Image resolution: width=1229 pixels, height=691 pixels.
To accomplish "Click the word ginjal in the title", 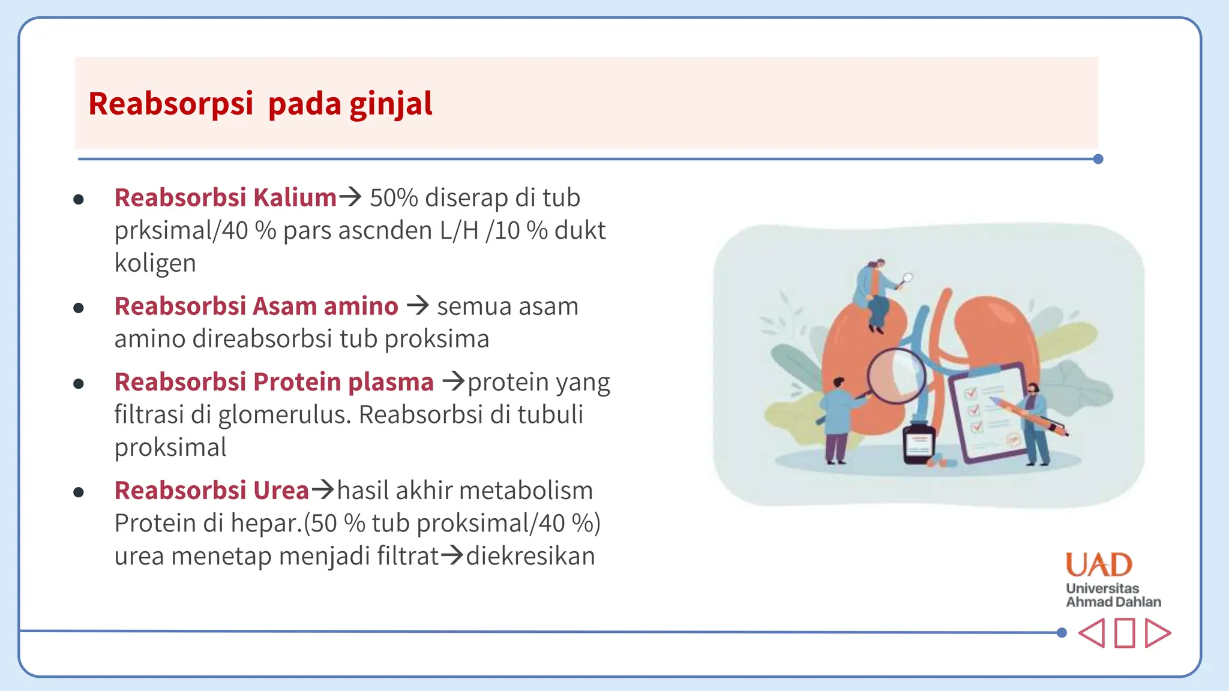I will [x=391, y=104].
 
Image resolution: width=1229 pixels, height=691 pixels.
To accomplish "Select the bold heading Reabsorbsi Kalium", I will [x=226, y=198].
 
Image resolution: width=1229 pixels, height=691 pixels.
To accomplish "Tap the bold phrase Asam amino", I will [x=325, y=307].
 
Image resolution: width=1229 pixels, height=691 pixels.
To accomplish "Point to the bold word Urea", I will [x=281, y=491].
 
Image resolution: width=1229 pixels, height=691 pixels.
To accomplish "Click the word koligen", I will [x=155, y=264].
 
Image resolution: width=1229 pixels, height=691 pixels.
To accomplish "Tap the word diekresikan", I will [x=530, y=556].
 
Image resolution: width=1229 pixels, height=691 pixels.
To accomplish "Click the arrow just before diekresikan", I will [x=452, y=555].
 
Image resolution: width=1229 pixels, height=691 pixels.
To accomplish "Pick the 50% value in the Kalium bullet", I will [x=394, y=198].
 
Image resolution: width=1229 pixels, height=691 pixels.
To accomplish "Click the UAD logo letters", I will [x=1099, y=565].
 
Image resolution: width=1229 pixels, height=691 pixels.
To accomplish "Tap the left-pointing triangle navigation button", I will [x=1092, y=633].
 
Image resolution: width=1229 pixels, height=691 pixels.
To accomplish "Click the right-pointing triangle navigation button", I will [x=1158, y=633].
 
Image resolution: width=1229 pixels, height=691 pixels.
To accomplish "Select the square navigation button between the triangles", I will [x=1125, y=633].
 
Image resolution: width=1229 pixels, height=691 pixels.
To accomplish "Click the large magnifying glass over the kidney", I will [x=895, y=377].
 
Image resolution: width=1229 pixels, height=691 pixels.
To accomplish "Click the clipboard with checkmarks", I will [x=987, y=414].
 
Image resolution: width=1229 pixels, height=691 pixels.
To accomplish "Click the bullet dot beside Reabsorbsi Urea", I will [x=79, y=492].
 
